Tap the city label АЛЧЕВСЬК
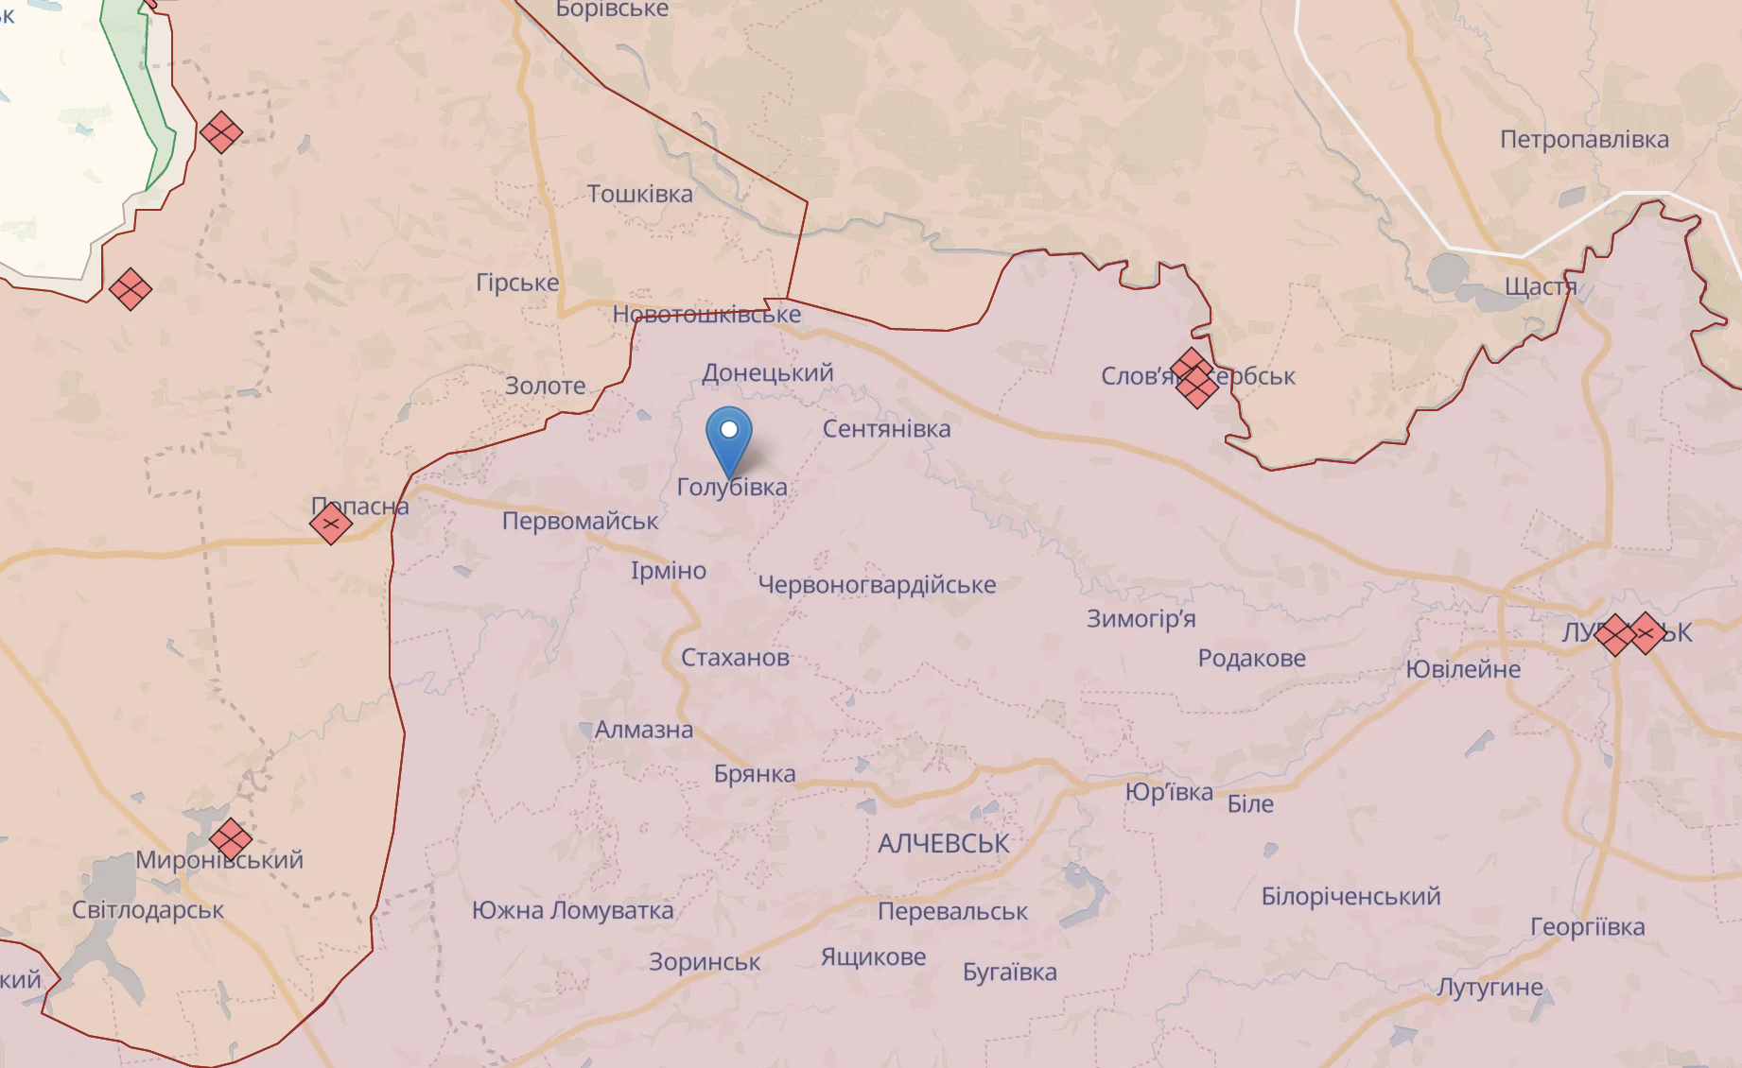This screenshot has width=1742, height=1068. tap(943, 843)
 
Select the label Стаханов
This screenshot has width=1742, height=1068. tap(735, 657)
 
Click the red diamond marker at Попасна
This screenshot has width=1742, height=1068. tap(331, 524)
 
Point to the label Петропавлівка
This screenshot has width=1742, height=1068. tap(1584, 140)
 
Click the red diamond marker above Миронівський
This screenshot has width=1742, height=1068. tap(230, 838)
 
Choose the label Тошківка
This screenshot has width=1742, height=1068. tap(639, 194)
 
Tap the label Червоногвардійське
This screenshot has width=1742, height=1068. tap(877, 585)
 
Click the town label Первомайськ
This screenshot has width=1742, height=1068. tap(580, 521)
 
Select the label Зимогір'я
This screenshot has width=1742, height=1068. tap(1141, 619)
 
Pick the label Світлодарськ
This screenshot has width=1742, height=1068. tap(148, 910)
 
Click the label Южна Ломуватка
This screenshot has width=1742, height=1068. tap(572, 910)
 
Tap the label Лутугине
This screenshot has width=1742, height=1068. tap(1489, 988)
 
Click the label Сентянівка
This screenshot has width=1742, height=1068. tap(886, 429)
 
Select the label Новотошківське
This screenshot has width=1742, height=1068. tap(706, 315)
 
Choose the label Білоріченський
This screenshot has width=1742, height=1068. tap(1350, 896)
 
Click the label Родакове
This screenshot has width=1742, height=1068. tap(1251, 658)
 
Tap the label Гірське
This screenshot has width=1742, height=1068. tap(517, 283)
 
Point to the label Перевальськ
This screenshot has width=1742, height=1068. tap(952, 911)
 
